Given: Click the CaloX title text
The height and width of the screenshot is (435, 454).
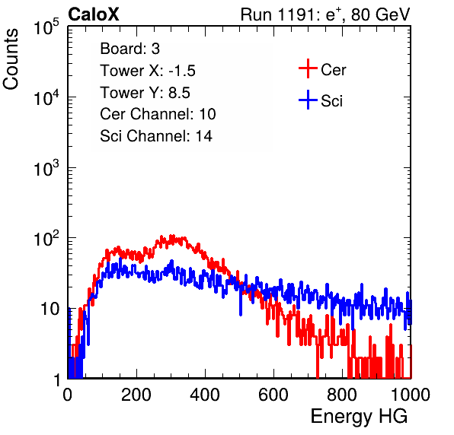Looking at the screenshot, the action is click(94, 14).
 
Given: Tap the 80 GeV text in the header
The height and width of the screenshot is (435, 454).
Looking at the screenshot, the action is click(380, 14).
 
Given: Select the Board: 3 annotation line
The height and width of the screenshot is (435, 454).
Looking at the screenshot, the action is click(129, 49).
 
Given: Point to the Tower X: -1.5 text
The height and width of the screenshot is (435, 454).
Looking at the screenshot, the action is click(148, 71).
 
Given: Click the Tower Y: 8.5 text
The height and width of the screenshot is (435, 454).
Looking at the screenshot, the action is click(145, 93).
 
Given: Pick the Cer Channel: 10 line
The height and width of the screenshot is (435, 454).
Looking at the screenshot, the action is click(158, 114).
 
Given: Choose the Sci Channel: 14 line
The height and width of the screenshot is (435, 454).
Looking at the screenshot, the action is click(156, 136).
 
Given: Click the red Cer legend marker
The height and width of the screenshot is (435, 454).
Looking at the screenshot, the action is click(308, 68).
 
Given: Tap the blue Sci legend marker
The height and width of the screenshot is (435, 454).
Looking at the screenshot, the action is click(308, 100).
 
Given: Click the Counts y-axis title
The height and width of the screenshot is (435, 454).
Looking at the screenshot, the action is click(11, 59).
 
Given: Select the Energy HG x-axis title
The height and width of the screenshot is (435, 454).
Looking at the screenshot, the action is click(359, 417).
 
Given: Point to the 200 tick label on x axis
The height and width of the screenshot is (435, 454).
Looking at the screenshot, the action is click(136, 395).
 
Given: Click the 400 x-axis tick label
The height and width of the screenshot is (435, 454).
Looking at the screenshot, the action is click(205, 395).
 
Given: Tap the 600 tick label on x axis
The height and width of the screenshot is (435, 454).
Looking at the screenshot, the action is click(273, 395).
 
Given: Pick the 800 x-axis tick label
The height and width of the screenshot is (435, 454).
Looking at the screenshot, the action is click(342, 395).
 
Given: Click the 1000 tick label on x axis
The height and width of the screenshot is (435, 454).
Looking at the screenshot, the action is click(411, 395).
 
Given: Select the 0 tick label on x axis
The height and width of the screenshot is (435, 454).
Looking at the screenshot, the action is click(67, 395).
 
